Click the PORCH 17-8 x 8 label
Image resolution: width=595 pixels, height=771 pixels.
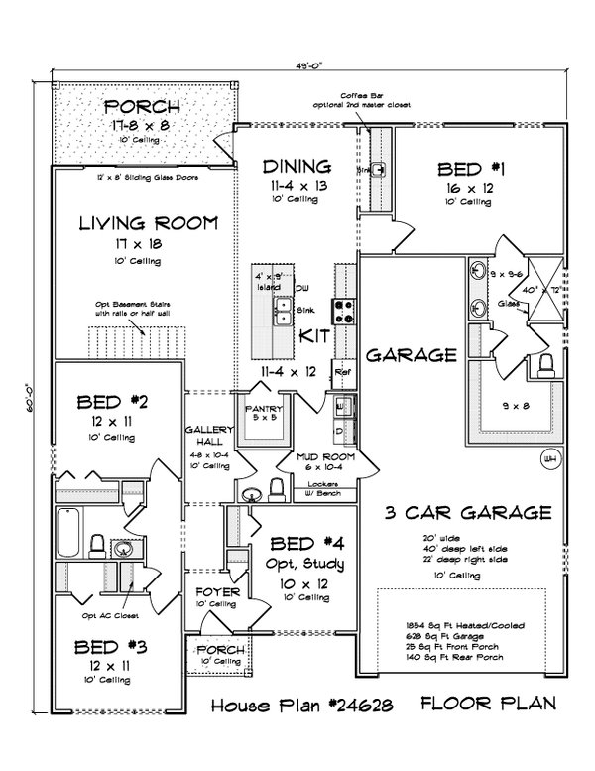tap(142, 107)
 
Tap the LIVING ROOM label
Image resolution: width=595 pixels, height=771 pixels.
tap(148, 223)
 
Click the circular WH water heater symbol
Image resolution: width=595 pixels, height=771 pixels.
tap(550, 458)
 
